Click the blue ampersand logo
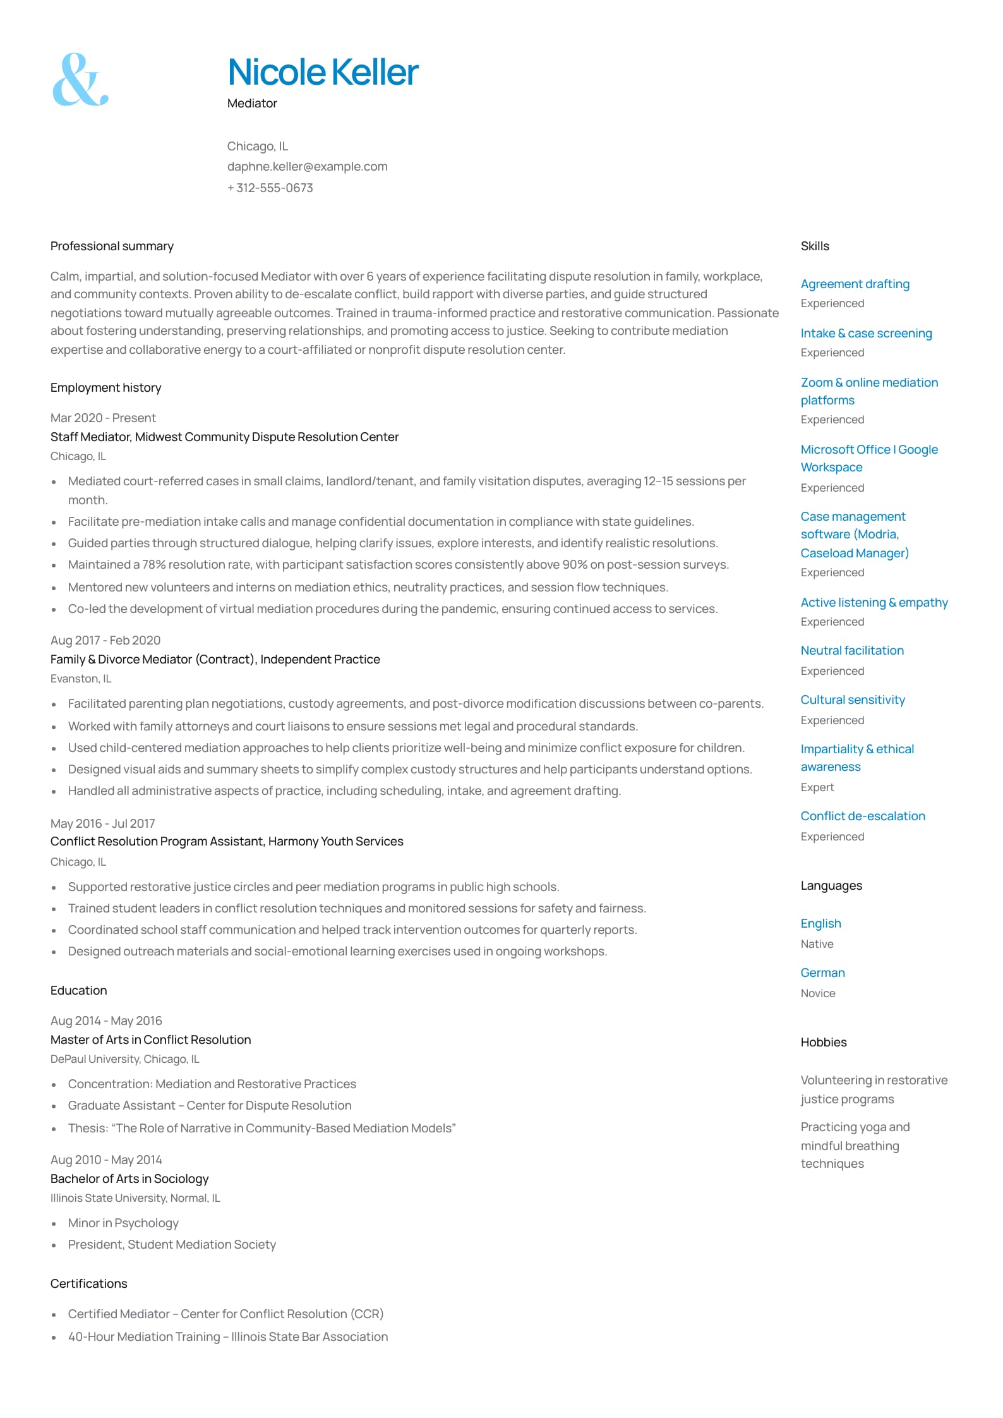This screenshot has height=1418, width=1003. tap(80, 80)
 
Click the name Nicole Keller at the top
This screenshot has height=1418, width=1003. tap(323, 72)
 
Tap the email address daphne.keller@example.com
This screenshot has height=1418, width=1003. tap(307, 167)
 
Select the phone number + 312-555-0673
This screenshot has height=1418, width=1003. tap(270, 188)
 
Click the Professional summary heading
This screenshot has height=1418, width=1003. tap(112, 246)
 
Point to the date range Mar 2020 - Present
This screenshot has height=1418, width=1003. tap(103, 418)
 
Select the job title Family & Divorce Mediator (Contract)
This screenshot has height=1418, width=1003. tap(152, 660)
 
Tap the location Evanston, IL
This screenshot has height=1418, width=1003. tap(81, 679)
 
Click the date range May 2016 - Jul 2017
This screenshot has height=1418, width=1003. tap(102, 824)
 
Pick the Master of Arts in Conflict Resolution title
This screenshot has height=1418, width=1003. tap(150, 1040)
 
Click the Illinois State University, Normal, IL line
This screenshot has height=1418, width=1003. tap(135, 1198)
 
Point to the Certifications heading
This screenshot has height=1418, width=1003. tap(88, 1284)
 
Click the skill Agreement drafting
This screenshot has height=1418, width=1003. tap(855, 284)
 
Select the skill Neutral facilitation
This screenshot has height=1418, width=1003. tap(851, 651)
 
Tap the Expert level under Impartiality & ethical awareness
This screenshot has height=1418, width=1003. tap(817, 787)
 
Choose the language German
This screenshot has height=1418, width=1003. tap(822, 973)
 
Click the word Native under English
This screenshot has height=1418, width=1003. tap(817, 944)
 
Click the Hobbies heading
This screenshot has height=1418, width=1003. tap(823, 1043)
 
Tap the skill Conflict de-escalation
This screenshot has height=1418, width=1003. tap(862, 816)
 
